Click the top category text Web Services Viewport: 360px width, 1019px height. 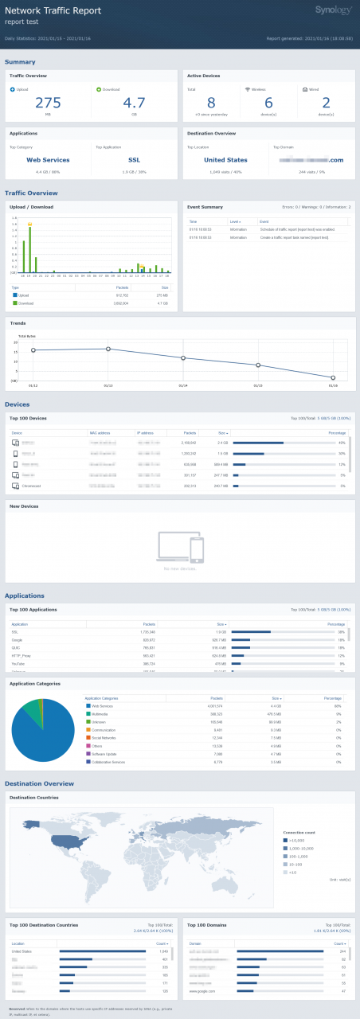pyautogui.click(x=48, y=159)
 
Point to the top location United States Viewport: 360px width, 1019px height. pyautogui.click(x=225, y=159)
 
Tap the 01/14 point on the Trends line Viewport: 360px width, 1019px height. pyautogui.click(x=183, y=357)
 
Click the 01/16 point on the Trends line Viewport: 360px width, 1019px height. pyautogui.click(x=334, y=377)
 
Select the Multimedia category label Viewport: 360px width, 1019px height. pyautogui.click(x=102, y=714)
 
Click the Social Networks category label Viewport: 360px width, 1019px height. pyautogui.click(x=107, y=738)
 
